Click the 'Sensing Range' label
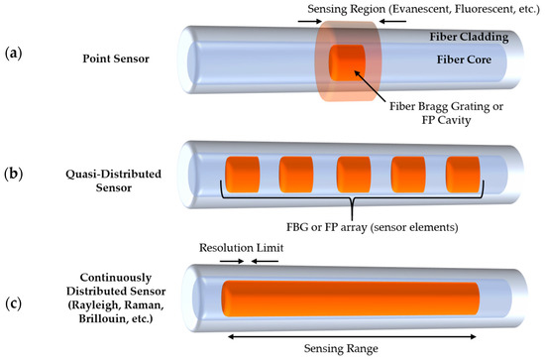[354, 347]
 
